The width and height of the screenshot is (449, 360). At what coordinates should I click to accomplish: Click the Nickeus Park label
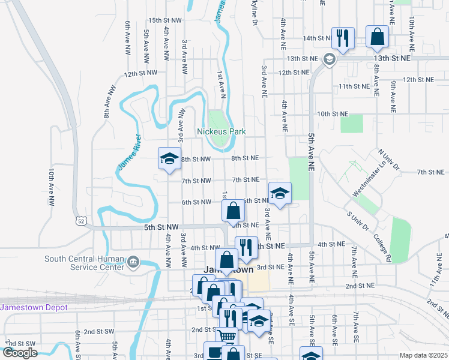coord(221,131)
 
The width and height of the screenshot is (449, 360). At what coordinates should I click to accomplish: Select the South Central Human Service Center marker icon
coord(133,261)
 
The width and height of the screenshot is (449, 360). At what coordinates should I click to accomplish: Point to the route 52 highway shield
coord(81,221)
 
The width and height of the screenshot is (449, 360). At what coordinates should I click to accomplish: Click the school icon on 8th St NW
coord(169,158)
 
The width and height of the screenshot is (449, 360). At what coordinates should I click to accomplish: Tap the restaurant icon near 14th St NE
coord(342,38)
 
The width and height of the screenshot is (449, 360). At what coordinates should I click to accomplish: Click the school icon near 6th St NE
coord(279,193)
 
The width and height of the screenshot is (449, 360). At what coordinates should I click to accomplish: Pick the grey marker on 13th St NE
coord(329,59)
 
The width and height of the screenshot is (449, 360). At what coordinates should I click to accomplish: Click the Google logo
coord(20,353)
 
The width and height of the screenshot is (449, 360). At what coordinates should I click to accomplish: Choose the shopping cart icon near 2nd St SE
coord(226,336)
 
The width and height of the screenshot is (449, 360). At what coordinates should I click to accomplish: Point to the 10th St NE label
coord(333,113)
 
